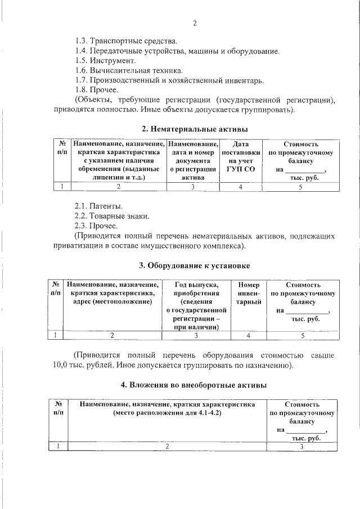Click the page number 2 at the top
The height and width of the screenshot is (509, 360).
195,23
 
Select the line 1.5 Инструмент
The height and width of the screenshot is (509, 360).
105,61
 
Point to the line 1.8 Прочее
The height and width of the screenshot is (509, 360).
96,90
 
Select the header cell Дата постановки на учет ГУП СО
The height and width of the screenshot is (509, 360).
241,160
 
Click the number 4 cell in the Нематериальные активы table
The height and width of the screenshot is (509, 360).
241,187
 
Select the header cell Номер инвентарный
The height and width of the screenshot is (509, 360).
249,294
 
